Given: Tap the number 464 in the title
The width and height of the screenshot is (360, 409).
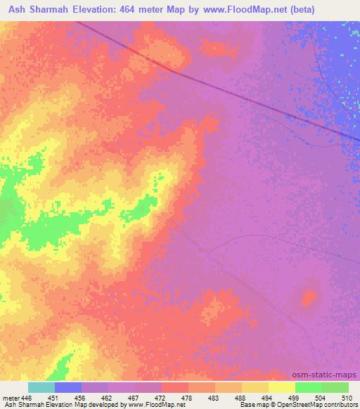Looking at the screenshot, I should [162, 10].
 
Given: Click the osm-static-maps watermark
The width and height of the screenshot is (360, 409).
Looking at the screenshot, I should [329, 375].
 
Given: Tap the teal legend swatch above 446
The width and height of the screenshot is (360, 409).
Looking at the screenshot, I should [41, 387].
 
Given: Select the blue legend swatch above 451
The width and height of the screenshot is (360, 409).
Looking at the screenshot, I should [68, 387].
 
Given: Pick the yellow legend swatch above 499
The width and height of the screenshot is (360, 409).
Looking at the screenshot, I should [282, 387].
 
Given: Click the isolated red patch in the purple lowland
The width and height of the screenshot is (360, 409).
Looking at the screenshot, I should [308, 298].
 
